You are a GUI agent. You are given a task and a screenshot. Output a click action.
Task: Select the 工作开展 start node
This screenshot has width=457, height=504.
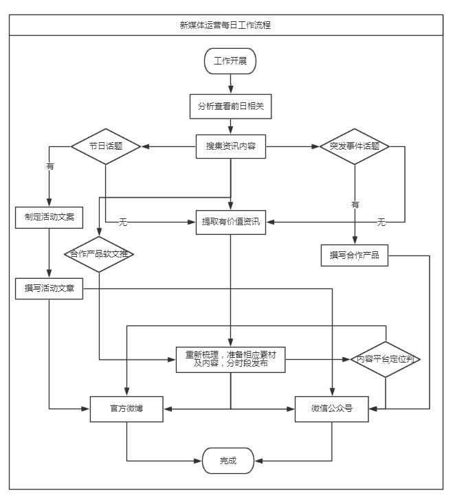230,61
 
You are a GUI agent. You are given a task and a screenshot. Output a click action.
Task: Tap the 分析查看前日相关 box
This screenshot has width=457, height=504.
230,106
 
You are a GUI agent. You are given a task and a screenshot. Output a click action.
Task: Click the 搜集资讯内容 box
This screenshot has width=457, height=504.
230,147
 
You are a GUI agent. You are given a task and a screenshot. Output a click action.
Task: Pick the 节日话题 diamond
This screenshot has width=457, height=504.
106,146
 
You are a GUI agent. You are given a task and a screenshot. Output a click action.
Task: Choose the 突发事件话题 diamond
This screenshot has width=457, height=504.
355,146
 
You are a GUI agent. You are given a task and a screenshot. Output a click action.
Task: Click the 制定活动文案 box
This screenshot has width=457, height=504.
49,217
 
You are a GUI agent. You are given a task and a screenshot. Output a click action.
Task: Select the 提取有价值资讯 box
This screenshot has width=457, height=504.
230,222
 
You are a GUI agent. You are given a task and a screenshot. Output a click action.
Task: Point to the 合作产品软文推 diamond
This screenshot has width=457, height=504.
99,254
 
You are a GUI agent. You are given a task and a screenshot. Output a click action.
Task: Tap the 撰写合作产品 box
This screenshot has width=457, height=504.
355,255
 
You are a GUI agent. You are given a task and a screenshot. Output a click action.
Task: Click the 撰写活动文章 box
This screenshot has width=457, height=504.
49,288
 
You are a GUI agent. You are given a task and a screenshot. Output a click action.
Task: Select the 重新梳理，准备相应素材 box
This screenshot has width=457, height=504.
230,359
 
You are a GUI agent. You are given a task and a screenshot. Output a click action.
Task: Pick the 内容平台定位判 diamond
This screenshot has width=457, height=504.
386,359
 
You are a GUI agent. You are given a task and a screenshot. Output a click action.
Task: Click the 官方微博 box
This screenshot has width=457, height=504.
127,409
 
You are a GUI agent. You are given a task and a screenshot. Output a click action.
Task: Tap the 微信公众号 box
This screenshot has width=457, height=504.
332,409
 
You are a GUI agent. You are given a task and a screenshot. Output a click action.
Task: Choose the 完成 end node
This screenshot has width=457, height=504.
227,461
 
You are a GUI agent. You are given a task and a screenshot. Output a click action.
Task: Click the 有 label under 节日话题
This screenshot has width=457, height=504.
50,166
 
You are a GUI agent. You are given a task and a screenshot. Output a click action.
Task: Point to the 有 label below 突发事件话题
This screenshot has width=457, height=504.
355,205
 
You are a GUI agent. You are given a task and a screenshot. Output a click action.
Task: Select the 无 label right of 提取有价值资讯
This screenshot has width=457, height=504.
381,222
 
